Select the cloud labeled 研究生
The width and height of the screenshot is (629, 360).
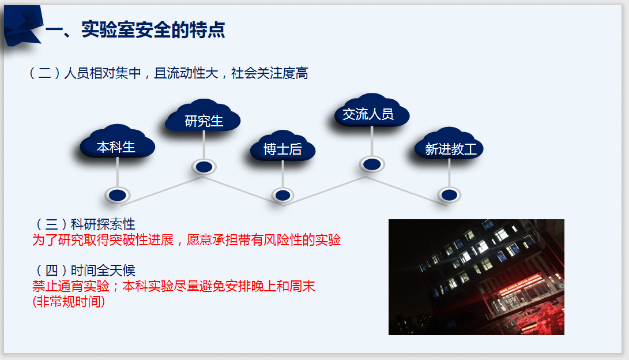click(x=203, y=115)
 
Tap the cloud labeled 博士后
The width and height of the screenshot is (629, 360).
click(x=283, y=146)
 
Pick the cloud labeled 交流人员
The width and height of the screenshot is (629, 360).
click(x=372, y=110)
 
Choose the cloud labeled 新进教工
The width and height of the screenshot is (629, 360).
click(x=449, y=144)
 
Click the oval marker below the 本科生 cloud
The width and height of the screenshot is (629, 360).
click(x=118, y=196)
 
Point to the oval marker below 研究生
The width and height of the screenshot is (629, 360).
click(x=204, y=167)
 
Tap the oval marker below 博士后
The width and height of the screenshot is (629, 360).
click(x=283, y=195)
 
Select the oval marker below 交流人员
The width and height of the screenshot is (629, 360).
click(x=372, y=164)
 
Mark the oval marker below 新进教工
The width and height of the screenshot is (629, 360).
click(x=449, y=195)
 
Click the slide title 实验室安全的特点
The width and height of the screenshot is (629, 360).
click(x=153, y=29)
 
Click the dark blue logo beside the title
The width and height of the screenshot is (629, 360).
click(x=22, y=26)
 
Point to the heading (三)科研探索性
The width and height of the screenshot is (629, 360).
click(x=85, y=224)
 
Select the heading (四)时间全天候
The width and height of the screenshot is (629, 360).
click(x=85, y=270)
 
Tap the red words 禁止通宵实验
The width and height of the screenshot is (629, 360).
click(x=70, y=286)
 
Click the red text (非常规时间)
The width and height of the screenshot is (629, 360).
click(x=69, y=301)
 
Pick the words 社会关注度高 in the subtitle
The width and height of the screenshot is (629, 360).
click(x=270, y=73)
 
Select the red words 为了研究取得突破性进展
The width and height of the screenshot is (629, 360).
click(x=103, y=240)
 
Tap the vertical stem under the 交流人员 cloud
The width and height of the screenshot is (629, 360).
click(x=372, y=141)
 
